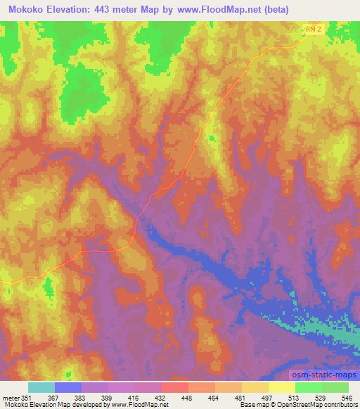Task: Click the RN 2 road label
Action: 314,29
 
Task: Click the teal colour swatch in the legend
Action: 41,387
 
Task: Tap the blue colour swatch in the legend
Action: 68,387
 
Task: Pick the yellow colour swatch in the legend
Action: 282,387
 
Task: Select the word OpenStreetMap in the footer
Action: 290,404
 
